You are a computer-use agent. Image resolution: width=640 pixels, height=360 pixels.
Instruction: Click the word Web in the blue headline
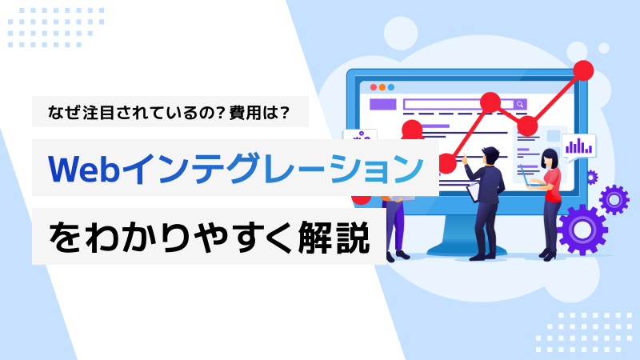(84, 169)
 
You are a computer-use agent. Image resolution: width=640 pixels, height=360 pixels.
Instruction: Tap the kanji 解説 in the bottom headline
(334, 237)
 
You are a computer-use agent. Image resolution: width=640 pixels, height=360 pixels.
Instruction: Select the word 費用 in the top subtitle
(246, 112)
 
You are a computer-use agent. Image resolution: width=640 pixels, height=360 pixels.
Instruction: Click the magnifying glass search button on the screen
(520, 105)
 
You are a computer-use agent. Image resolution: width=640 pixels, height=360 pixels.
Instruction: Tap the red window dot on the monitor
(373, 87)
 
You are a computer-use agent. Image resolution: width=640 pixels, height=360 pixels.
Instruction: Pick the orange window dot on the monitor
(382, 87)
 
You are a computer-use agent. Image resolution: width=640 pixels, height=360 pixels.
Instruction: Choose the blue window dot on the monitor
(391, 87)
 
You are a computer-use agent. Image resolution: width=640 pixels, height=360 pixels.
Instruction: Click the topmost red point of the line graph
(583, 70)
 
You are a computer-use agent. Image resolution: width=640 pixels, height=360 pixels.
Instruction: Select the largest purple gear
(582, 230)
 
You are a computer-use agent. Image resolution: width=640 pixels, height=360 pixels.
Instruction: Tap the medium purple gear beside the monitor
(614, 199)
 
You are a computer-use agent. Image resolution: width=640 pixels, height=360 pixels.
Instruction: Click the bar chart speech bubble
(578, 147)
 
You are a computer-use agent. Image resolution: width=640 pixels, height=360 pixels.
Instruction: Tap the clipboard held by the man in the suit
(474, 191)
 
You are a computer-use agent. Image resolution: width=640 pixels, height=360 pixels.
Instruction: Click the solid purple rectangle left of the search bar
(383, 105)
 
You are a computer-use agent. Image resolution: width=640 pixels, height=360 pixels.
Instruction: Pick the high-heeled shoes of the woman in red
(547, 254)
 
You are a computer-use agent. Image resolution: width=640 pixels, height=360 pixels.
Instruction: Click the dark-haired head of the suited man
(490, 155)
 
